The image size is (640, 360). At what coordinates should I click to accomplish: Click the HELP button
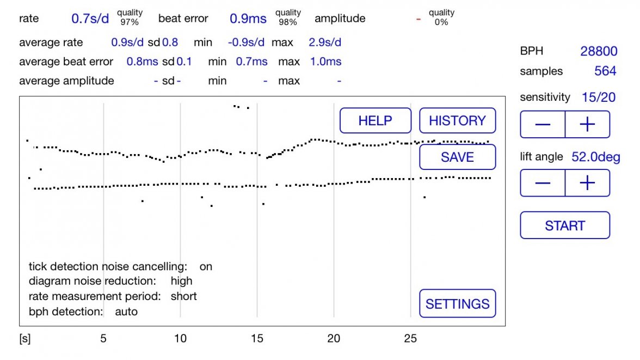point(376,120)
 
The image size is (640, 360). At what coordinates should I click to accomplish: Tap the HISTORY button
point(457,120)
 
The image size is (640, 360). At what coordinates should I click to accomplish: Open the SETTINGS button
point(457,304)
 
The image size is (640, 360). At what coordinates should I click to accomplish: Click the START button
point(565,225)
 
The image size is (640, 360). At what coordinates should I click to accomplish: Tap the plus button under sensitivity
point(587,125)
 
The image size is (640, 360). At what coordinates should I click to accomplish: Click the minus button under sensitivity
point(543,125)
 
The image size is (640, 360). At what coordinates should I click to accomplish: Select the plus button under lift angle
point(587,183)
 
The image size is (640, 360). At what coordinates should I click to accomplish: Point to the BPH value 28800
point(599,51)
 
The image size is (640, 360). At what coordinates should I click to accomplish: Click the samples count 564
point(605,71)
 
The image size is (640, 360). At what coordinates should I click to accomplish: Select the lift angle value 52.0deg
point(596,157)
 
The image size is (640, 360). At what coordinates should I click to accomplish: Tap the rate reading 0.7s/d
point(90,19)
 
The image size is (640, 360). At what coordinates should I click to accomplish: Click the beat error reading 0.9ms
point(248,19)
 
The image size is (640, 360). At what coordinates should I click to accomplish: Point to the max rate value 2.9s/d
point(325,42)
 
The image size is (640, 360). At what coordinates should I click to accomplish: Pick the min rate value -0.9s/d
point(247,42)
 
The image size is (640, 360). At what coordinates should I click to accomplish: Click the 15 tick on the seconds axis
point(257,339)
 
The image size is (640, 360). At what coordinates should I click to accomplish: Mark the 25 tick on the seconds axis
point(410,339)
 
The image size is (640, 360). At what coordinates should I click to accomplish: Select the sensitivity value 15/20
point(599,97)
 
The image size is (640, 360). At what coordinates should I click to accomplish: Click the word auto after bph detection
point(126,312)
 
